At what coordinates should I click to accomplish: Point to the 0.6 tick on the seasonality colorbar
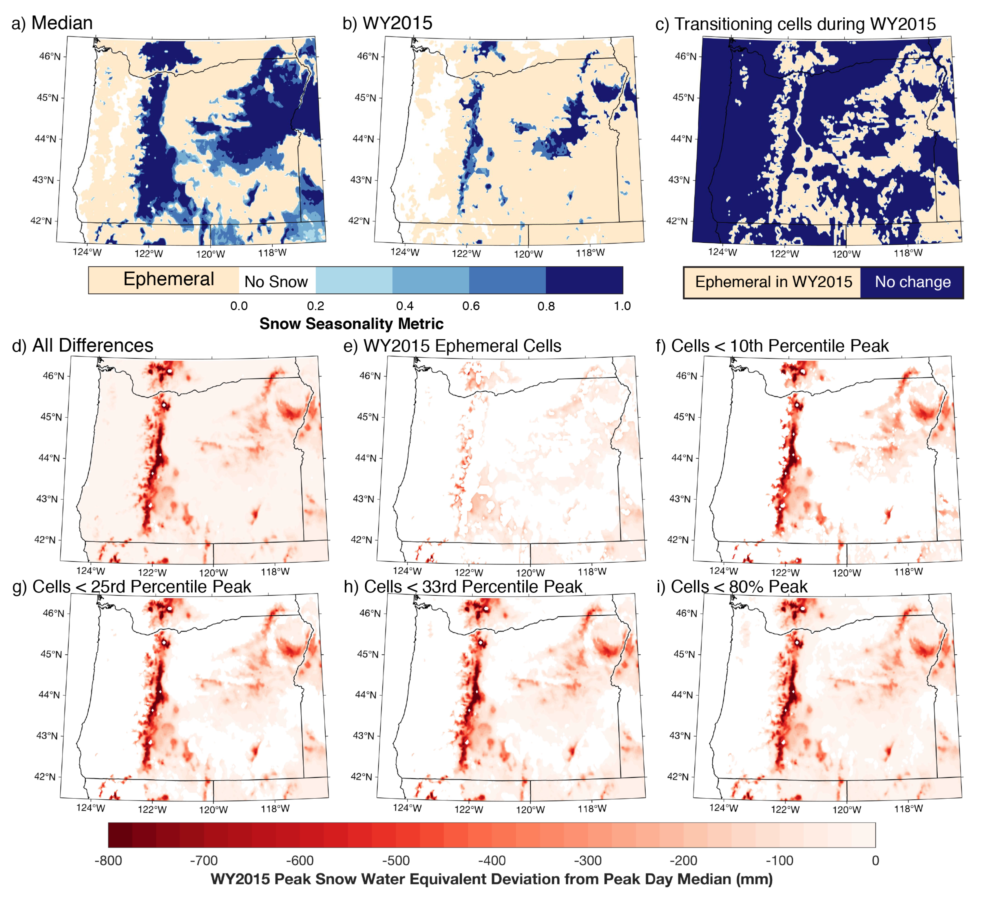470,306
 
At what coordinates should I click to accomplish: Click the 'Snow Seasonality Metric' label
351,324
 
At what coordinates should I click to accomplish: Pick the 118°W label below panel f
908,571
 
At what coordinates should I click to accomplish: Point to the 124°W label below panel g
90,808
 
